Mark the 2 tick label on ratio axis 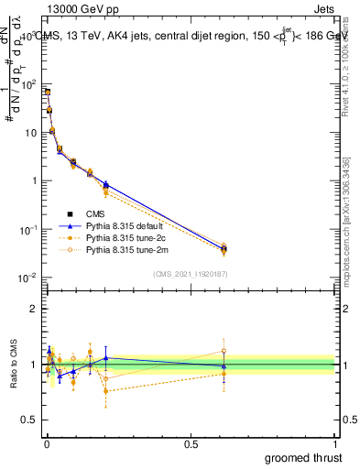point(32,309)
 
